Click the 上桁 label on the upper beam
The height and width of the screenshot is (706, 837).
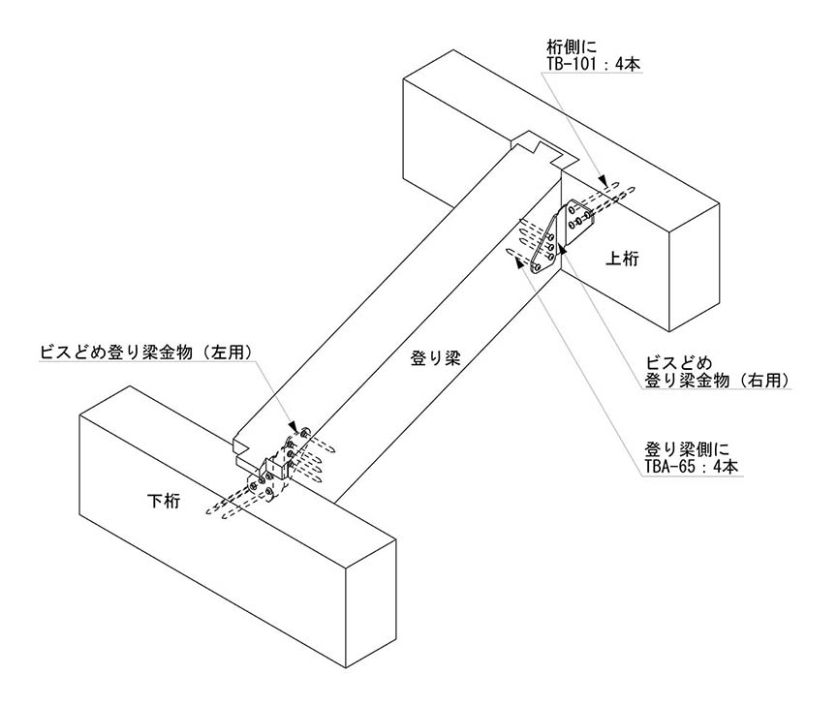[621, 259]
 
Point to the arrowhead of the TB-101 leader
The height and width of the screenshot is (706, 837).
[604, 180]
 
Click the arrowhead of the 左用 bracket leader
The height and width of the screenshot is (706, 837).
[293, 427]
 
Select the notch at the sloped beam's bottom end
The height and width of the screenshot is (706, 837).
[243, 446]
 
